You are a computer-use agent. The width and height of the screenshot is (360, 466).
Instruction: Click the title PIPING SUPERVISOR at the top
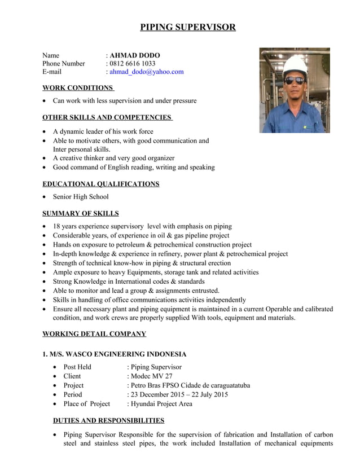point(188,27)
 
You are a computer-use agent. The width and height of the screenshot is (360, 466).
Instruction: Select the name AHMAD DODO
point(135,55)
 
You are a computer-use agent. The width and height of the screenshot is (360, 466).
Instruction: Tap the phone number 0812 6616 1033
point(133,64)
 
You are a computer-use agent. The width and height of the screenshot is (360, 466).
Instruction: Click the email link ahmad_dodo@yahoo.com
point(147,72)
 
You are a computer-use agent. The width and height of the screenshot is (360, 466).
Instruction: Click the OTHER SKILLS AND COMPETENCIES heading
point(107,117)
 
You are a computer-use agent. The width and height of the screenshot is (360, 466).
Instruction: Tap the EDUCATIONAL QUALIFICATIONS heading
point(101,184)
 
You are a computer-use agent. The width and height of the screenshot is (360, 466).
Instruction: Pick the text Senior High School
point(81,197)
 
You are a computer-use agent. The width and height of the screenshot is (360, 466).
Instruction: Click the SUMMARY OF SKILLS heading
point(81,213)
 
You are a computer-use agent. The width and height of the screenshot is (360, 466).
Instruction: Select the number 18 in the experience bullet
point(57,226)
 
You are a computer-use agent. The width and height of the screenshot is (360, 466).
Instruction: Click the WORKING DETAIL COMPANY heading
point(94,334)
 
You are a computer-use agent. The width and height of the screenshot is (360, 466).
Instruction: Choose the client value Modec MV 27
point(152,376)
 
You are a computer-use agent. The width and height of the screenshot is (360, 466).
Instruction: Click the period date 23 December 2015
point(159,394)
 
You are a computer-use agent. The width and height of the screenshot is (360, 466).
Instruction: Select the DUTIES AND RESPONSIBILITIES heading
point(108,420)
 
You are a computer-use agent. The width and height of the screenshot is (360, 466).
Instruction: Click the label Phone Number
point(64,64)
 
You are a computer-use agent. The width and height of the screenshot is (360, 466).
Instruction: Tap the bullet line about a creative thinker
point(113,158)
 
